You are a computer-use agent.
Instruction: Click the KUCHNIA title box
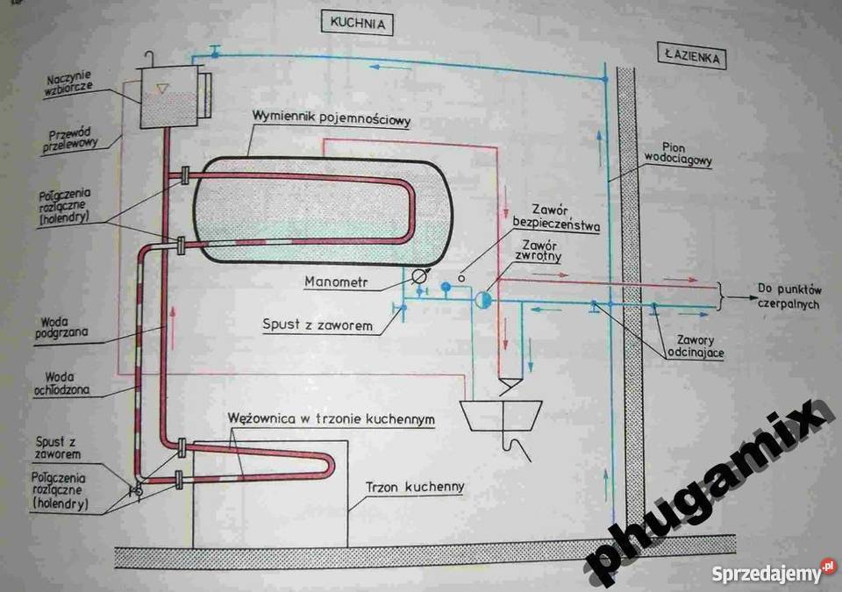coord(357,23)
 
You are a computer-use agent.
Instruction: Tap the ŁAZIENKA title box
coord(692,56)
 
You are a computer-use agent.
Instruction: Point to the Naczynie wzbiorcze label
coord(68,83)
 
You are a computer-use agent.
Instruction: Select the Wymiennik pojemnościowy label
coord(332,118)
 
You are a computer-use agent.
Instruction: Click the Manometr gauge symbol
coord(418,276)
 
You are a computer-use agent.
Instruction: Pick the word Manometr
coord(336,282)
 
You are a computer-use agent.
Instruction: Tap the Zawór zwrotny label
coord(539,251)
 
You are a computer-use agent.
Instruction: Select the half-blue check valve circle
coord(482,300)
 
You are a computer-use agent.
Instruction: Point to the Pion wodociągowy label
coord(678,153)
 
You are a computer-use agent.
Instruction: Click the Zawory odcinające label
coord(696,346)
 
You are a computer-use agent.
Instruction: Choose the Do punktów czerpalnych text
coord(788,296)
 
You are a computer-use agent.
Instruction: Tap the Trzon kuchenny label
coord(415,488)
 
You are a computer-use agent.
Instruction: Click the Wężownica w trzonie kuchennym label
coord(331,418)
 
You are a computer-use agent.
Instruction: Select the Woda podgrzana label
coord(61,327)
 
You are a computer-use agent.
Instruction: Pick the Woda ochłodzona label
coord(61,383)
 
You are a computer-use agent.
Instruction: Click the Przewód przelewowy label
coord(70,140)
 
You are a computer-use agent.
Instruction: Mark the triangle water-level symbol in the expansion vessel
coord(162,89)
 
